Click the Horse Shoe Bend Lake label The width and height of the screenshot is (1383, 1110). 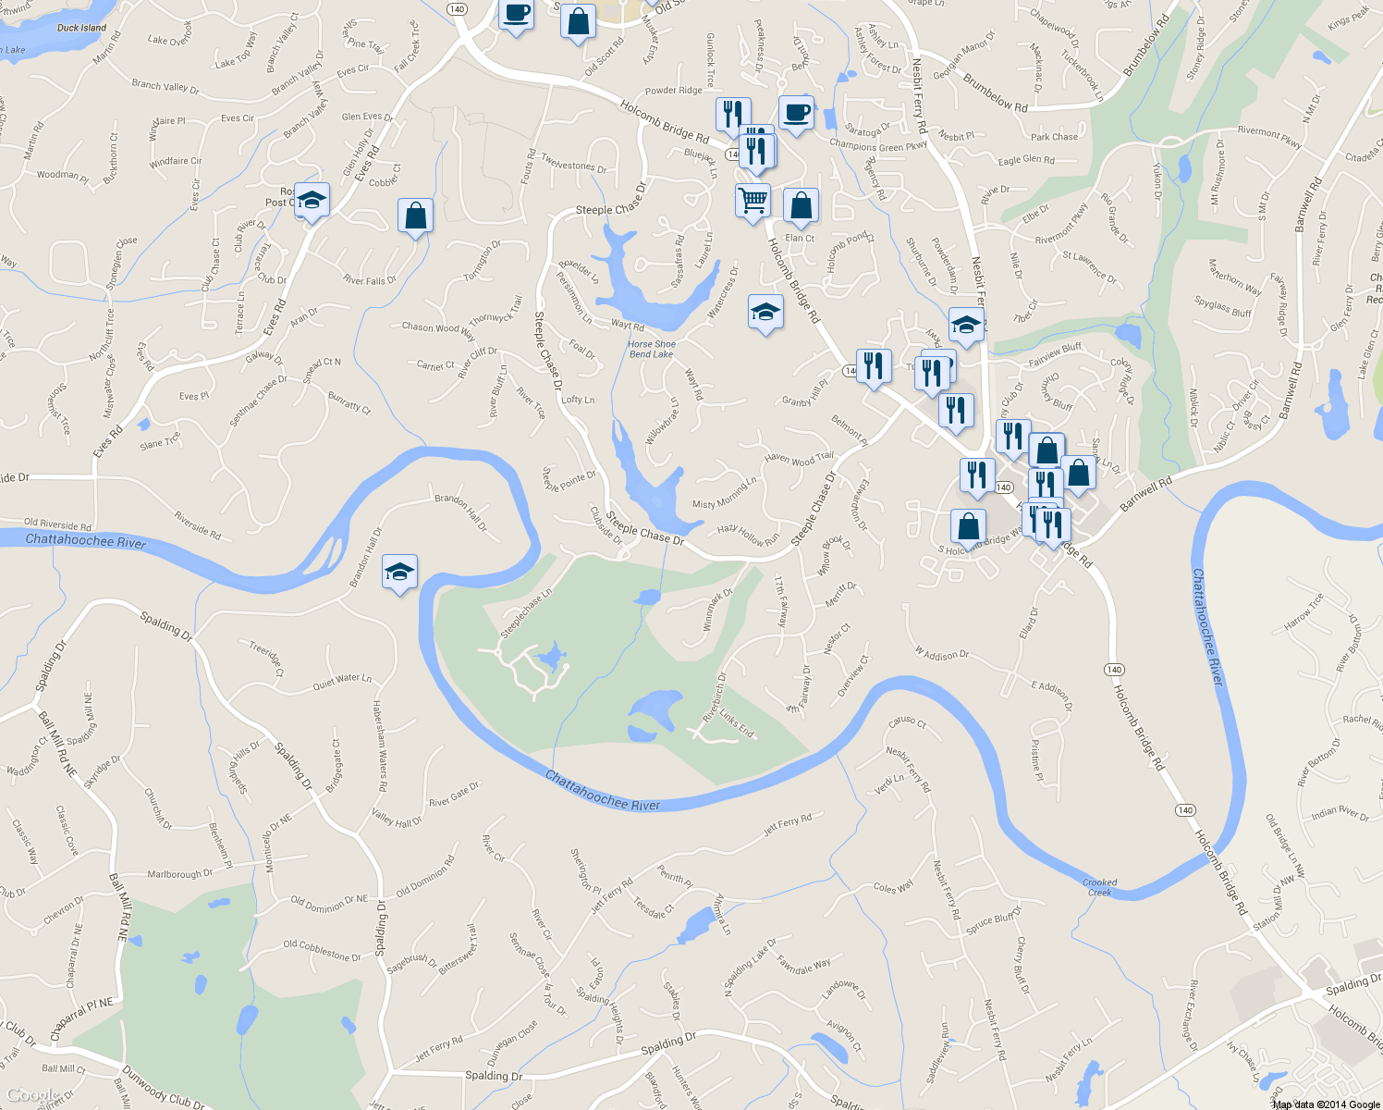click(652, 349)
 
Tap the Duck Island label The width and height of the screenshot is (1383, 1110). click(81, 28)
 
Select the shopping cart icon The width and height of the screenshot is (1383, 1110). click(753, 200)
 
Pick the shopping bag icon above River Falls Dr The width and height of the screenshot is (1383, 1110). click(416, 216)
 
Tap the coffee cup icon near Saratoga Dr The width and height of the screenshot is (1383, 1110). click(796, 113)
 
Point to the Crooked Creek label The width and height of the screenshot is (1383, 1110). click(1099, 887)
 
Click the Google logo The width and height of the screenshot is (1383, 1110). click(32, 1095)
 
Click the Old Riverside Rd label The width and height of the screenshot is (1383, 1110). click(57, 524)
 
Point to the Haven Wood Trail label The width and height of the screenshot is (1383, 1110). click(799, 458)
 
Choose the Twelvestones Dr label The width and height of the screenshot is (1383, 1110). click(574, 165)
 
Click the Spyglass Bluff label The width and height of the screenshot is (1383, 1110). click(1222, 307)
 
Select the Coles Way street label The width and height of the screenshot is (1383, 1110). click(893, 888)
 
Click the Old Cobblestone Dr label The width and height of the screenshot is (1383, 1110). click(322, 950)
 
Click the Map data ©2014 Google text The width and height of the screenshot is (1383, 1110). click(1326, 1104)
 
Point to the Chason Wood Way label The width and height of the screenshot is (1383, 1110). click(437, 327)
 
